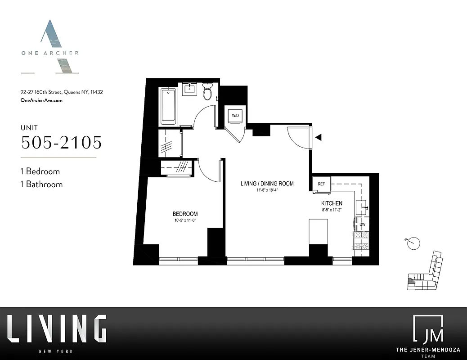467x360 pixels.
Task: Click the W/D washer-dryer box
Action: click(235, 116)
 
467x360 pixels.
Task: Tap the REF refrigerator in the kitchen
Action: click(322, 184)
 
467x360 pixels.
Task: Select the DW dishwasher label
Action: click(362, 224)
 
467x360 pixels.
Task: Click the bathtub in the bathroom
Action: click(168, 106)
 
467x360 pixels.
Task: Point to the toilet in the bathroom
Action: click(207, 92)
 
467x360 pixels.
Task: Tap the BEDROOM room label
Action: click(185, 214)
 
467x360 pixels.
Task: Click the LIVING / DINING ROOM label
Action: click(267, 184)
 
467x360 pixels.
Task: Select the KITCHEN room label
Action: click(332, 203)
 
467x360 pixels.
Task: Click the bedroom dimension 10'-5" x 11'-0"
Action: click(185, 220)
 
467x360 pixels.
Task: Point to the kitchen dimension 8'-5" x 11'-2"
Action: click(332, 210)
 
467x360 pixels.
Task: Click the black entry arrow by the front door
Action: click(318, 138)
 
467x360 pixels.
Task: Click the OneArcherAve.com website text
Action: click(41, 100)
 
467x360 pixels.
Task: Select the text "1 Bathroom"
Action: click(42, 184)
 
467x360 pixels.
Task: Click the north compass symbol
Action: click(414, 243)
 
